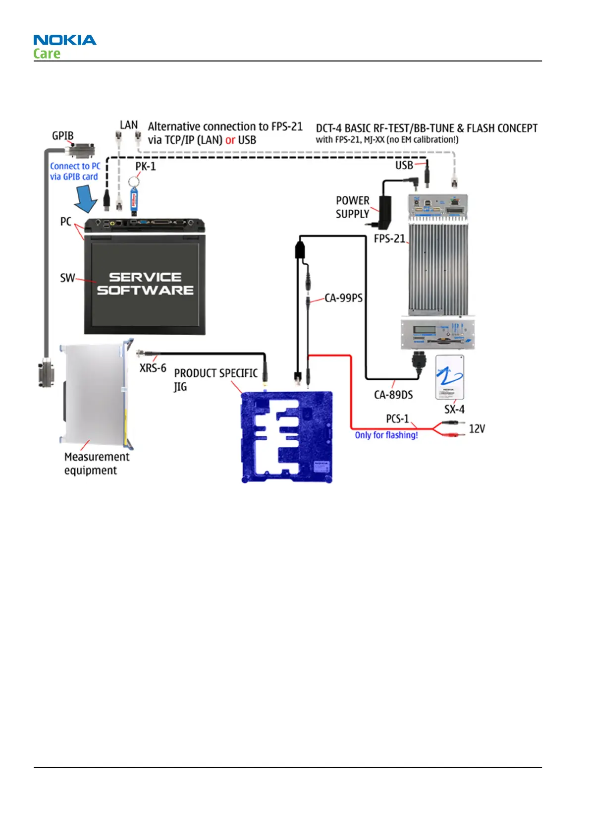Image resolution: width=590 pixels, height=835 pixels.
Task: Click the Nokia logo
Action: point(65,40)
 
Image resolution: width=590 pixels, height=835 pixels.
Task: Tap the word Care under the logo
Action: point(47,54)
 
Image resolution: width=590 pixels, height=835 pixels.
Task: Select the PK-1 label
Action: point(146,166)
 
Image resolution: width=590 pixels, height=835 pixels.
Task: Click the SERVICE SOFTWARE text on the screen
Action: point(145,284)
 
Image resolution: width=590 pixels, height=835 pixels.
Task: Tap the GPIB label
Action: point(63,135)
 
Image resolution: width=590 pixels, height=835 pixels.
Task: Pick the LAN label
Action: point(129,125)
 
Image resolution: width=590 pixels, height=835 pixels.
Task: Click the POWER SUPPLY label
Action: point(353,207)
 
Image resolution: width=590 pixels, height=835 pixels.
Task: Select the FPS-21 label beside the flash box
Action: point(389,239)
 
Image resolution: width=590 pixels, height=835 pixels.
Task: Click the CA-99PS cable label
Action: point(344,298)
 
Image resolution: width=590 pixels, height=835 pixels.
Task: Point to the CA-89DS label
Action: point(393,395)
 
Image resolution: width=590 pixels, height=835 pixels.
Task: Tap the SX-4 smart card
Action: point(450,377)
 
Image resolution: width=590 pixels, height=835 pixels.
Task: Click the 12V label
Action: point(477,429)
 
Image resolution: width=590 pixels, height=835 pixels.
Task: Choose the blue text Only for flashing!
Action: point(386,435)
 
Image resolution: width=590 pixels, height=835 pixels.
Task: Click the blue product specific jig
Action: point(287,437)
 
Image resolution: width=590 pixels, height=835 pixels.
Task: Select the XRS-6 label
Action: point(153,368)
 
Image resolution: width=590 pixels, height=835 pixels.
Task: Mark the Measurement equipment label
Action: point(97,463)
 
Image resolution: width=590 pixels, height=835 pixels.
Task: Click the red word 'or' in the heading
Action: point(230,140)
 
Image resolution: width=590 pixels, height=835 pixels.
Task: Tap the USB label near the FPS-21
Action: point(404,165)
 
